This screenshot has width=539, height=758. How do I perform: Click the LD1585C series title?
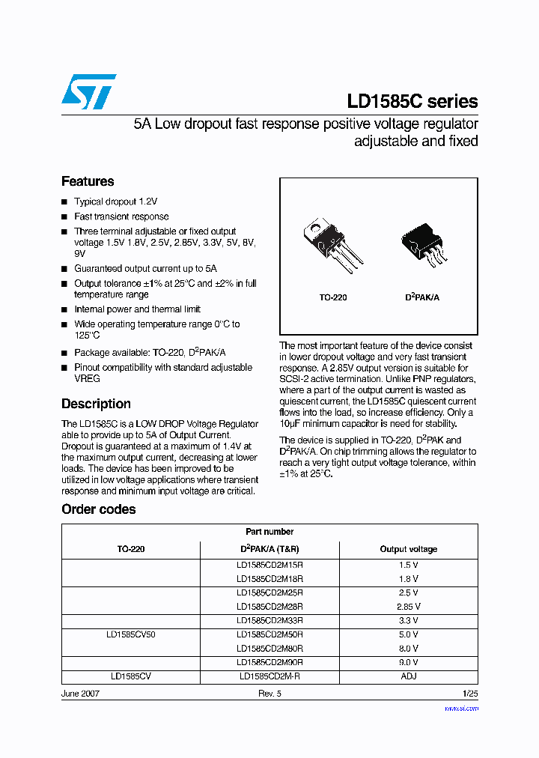[412, 102]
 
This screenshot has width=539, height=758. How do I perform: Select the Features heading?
[88, 181]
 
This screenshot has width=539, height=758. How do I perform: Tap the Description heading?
[96, 404]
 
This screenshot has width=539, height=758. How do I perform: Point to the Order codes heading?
[98, 509]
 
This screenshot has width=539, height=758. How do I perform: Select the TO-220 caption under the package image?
[333, 297]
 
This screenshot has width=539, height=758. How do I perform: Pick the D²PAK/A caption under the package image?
[422, 297]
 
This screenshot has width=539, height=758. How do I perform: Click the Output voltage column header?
[408, 549]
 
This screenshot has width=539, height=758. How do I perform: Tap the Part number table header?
[269, 532]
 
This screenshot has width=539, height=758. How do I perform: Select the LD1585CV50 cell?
[131, 634]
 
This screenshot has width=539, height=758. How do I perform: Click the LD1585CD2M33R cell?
[269, 620]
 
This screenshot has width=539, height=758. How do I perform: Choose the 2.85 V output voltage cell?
[408, 607]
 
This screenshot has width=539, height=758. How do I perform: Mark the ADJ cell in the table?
[408, 676]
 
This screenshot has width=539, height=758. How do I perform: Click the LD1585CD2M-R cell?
[269, 676]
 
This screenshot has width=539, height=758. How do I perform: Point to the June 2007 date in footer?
[80, 694]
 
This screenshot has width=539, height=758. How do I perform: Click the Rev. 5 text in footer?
[269, 694]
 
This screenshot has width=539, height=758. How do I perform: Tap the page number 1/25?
[470, 694]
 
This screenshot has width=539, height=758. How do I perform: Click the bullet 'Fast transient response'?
[121, 216]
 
